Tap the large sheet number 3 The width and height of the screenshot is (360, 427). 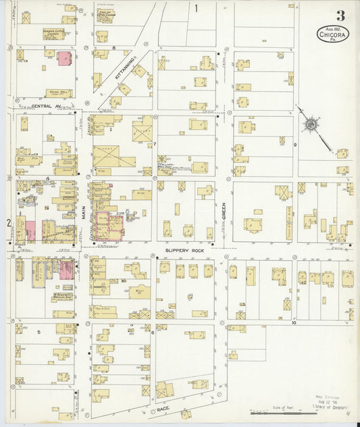(x=340, y=14)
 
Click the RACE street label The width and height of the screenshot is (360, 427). (x=161, y=409)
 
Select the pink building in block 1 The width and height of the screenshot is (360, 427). (x=64, y=59)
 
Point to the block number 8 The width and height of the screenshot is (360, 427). (x=114, y=47)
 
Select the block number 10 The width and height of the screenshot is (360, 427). (x=293, y=322)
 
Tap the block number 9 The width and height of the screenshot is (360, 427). (x=294, y=145)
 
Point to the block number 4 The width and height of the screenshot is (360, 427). (x=47, y=179)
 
